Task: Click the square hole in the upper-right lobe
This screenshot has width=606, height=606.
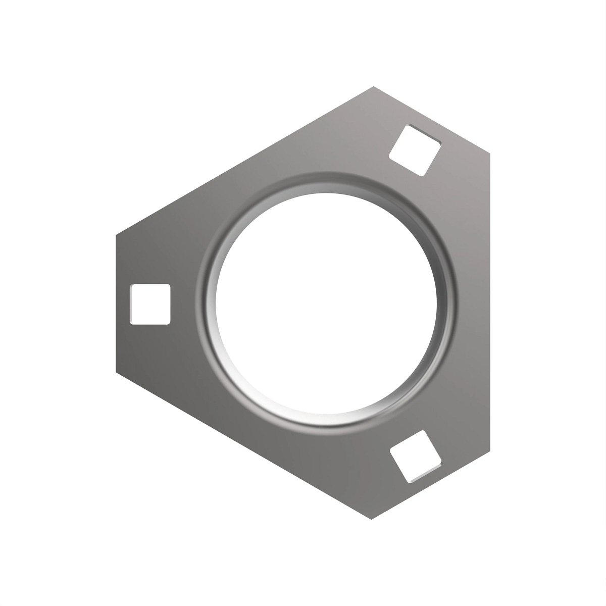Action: click(415, 150)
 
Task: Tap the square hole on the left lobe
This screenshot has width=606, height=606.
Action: click(150, 304)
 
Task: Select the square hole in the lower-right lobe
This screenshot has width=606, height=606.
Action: click(416, 457)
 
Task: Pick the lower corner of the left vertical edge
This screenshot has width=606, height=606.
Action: click(116, 372)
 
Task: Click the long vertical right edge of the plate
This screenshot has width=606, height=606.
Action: click(489, 303)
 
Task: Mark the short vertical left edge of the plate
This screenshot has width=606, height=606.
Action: click(117, 303)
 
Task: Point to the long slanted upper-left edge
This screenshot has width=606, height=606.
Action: click(245, 161)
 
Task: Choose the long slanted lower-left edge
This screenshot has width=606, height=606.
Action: click(245, 447)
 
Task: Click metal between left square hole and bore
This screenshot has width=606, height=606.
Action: click(184, 304)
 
